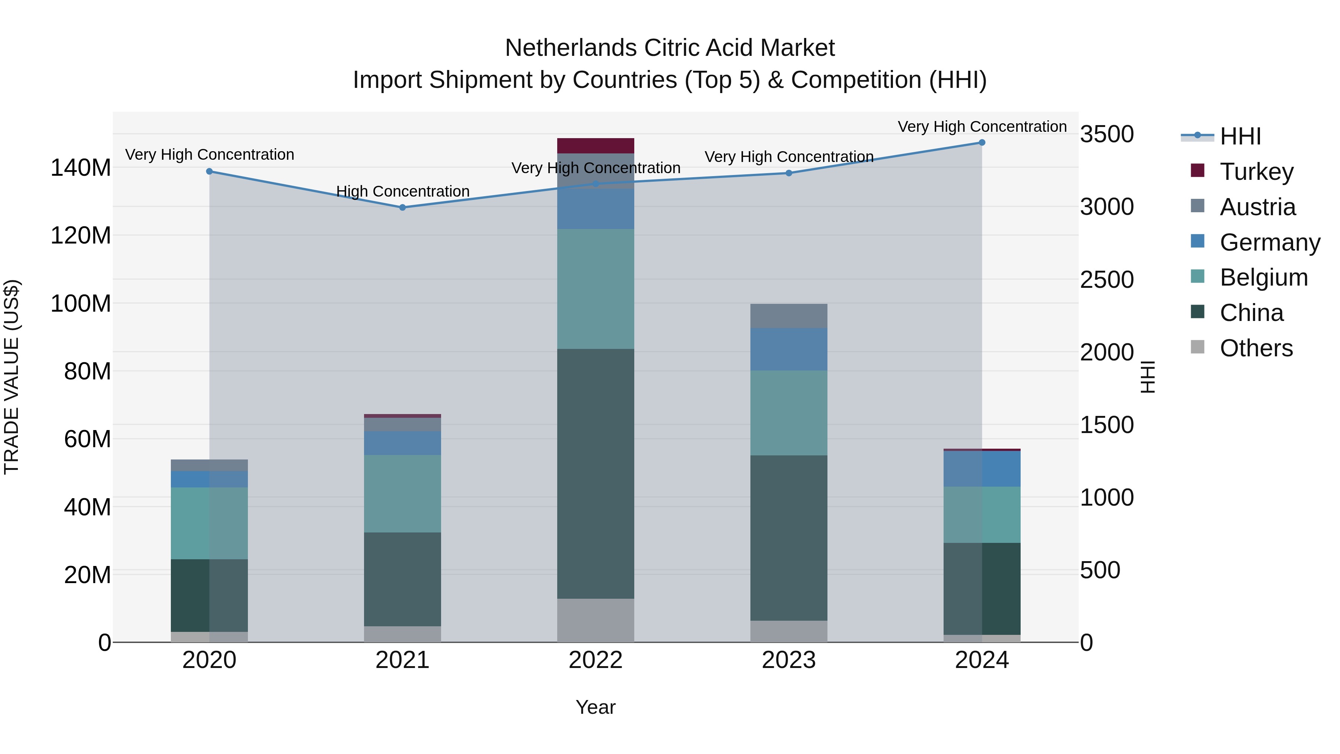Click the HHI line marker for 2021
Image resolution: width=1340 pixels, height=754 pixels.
pyautogui.click(x=402, y=208)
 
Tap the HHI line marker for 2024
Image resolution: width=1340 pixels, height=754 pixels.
pyautogui.click(x=982, y=143)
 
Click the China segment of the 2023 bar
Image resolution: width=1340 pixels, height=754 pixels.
pyautogui.click(x=789, y=538)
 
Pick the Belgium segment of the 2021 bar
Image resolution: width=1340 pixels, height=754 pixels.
pyautogui.click(x=402, y=493)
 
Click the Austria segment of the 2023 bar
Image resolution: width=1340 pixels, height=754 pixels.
pyautogui.click(x=789, y=316)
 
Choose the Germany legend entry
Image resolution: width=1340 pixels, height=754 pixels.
pyautogui.click(x=1269, y=242)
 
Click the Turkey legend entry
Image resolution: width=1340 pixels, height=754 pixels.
pyautogui.click(x=1256, y=172)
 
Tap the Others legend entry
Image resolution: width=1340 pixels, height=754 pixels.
pyautogui.click(x=1256, y=348)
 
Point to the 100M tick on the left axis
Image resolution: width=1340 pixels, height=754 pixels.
pyautogui.click(x=81, y=303)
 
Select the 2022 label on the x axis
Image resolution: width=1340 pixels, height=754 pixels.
pyautogui.click(x=596, y=660)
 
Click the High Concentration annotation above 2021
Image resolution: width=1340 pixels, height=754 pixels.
pyautogui.click(x=403, y=191)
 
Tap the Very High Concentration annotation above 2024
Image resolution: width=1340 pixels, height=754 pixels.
pyautogui.click(x=982, y=127)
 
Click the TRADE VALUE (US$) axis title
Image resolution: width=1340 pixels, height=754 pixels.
pyautogui.click(x=12, y=377)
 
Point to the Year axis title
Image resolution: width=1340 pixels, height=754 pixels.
pyautogui.click(x=595, y=707)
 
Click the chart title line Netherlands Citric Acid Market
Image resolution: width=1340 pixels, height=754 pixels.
pyautogui.click(x=670, y=48)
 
